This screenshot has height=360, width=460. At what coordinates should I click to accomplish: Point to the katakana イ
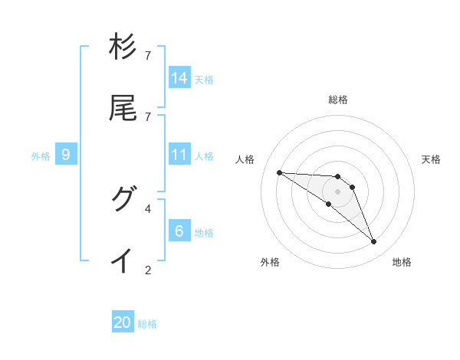123,260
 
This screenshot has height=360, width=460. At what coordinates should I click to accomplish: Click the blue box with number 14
179,77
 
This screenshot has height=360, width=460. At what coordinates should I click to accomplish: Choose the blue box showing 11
179,155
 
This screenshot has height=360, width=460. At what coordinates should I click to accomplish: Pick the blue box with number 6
179,231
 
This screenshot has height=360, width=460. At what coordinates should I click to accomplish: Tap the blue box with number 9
66,155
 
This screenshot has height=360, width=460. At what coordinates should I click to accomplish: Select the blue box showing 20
123,322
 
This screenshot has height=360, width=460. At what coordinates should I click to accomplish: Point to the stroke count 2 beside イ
148,270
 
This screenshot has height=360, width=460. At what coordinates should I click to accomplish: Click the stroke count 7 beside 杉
148,56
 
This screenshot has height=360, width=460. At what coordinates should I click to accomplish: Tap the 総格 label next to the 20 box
147,324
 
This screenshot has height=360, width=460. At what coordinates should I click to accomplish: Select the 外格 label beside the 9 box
41,156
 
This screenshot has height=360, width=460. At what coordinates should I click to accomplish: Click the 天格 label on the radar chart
431,159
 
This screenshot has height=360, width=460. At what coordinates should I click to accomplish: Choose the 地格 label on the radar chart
402,262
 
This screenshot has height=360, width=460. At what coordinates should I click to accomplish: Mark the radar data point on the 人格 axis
279,172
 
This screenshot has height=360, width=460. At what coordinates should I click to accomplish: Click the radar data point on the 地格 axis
374,242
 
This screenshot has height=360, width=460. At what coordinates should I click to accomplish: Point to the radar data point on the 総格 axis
338,176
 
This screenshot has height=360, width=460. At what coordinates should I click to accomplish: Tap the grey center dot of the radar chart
338,191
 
